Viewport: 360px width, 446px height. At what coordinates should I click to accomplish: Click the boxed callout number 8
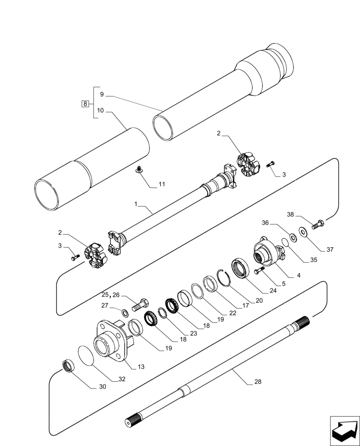tap(85, 104)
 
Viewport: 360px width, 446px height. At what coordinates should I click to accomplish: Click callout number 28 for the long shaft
tap(258, 382)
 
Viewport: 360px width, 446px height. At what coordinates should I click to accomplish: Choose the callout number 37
tap(329, 250)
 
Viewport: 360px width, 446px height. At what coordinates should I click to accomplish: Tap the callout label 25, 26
tap(110, 295)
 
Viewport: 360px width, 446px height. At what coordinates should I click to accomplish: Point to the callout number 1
tap(138, 203)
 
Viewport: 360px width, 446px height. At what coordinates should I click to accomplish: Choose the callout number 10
tap(101, 110)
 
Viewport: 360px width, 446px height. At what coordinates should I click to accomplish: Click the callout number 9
tap(102, 95)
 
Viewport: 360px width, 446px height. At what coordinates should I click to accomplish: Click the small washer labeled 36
tap(293, 237)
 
